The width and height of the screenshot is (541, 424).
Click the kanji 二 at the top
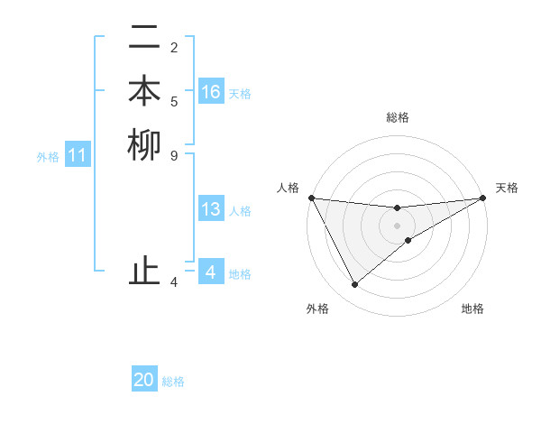144,39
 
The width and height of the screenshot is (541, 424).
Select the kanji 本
144,92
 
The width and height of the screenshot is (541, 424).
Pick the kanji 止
144,271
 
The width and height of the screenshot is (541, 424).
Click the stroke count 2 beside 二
174,48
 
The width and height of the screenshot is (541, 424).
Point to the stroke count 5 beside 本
174,101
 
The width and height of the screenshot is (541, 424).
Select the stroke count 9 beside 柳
174,154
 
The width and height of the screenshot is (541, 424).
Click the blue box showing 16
211,92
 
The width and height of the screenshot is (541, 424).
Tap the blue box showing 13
211,210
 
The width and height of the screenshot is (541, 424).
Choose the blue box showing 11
78,156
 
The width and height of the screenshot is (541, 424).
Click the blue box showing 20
144,381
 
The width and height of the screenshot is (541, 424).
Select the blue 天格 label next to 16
240,93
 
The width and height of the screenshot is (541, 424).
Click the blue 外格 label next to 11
48,157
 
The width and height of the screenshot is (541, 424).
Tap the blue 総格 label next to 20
173,382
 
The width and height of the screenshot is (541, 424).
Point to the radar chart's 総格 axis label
398,117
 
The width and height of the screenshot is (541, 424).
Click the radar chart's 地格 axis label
472,309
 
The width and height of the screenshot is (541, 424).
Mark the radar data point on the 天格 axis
483,198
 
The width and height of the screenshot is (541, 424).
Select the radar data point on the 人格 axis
311,198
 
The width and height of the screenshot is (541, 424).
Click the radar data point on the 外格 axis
354,285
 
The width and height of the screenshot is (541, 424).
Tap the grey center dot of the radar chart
398,226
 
